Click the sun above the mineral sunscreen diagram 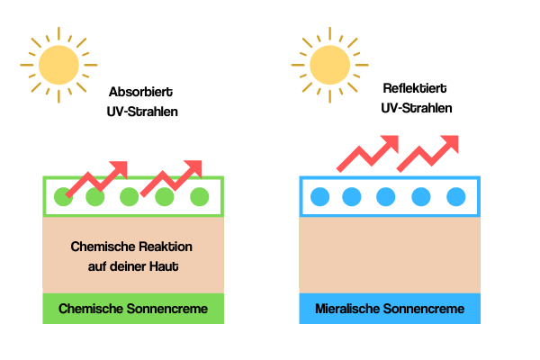click(331, 62)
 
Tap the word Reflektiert click(416, 88)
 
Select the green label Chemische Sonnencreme click(133, 309)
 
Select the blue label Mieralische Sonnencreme click(390, 309)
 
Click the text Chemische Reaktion click(132, 247)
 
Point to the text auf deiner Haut click(132, 265)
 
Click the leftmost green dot click(62, 196)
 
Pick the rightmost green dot click(200, 196)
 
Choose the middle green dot click(130, 196)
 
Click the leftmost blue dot click(318, 196)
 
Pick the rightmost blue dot click(456, 196)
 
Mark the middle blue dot click(387, 196)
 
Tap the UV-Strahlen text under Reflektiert click(416, 108)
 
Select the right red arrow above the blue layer click(427, 154)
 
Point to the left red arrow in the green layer click(97, 177)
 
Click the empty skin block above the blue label click(390, 256)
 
